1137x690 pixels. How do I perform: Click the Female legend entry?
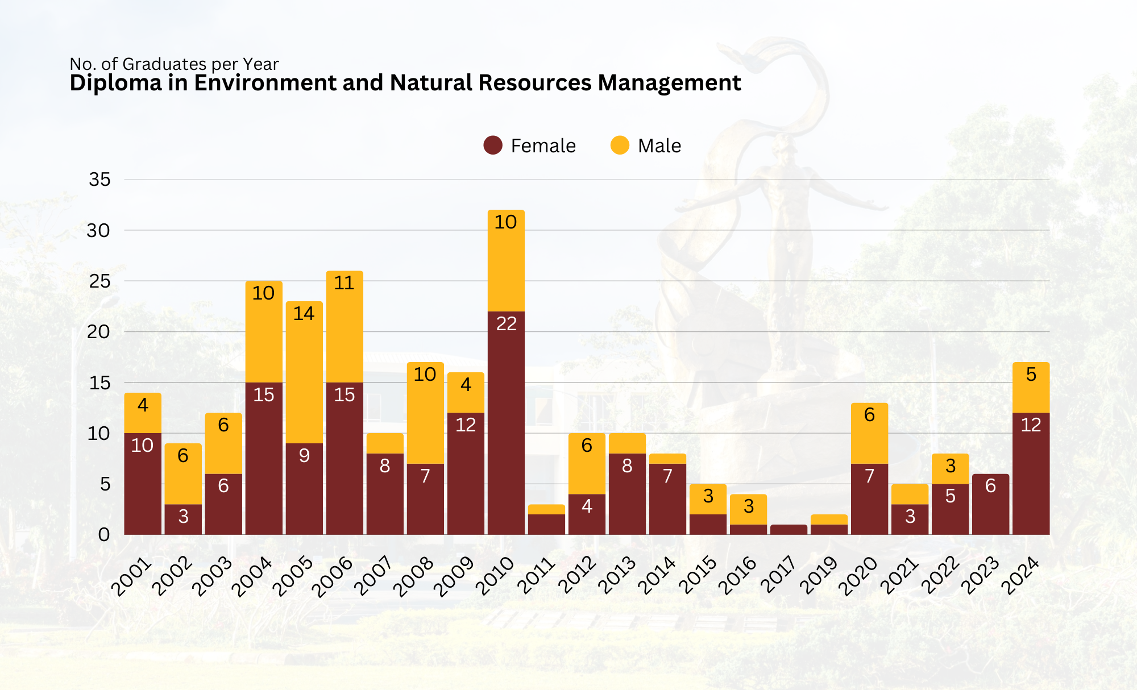pyautogui.click(x=530, y=146)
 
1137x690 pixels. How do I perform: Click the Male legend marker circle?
pyautogui.click(x=620, y=146)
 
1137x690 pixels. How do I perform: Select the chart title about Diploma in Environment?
pyautogui.click(x=405, y=83)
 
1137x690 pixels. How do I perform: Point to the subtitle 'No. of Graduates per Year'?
pyautogui.click(x=174, y=64)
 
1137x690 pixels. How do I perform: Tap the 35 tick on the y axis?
pyautogui.click(x=99, y=180)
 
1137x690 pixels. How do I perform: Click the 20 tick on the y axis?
pyautogui.click(x=98, y=332)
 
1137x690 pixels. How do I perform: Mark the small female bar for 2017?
pyautogui.click(x=789, y=530)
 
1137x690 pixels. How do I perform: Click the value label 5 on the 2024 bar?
pyautogui.click(x=1031, y=375)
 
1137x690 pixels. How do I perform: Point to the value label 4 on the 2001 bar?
pyautogui.click(x=143, y=405)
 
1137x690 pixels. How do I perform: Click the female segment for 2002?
pyautogui.click(x=183, y=519)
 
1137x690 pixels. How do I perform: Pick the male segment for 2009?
pyautogui.click(x=466, y=393)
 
